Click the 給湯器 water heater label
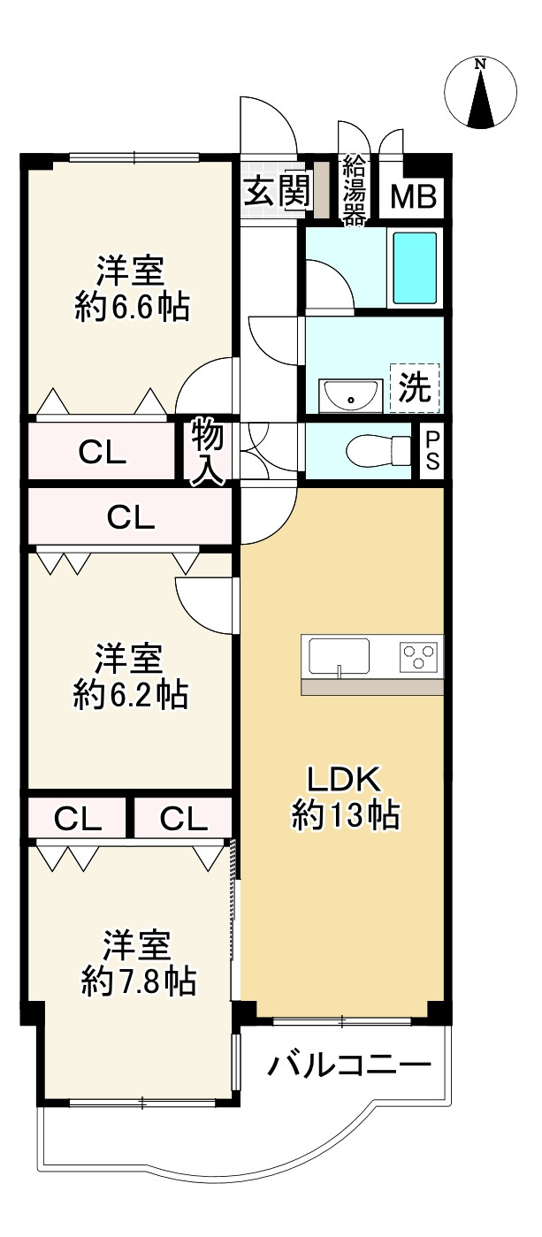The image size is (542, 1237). pos(355,190)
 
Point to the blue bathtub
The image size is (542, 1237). pos(414,267)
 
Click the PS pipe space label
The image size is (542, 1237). pos(432,452)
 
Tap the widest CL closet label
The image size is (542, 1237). pos(131,517)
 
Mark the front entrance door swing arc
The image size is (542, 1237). pos(269,127)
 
